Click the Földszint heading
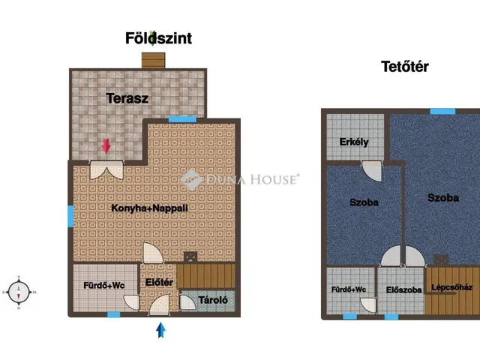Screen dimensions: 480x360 158,38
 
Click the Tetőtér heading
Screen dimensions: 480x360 405,67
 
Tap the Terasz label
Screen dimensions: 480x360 127,98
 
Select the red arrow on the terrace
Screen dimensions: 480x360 106,145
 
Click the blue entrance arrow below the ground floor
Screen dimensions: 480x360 160,330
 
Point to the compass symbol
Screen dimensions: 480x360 19,292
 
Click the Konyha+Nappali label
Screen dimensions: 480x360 149,208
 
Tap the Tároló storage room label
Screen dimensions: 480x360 213,300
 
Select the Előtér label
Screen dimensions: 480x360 159,282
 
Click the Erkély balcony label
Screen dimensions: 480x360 354,142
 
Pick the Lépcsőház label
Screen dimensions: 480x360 451,287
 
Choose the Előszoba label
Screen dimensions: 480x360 403,289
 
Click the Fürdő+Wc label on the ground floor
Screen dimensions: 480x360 104,286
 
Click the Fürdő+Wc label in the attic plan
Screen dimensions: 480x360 349,289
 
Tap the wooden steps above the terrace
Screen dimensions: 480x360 153,60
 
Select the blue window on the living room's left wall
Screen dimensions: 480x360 70,216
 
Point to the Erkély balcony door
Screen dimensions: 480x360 372,170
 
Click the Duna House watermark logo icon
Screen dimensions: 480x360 191,180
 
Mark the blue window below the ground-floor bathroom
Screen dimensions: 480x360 113,314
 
